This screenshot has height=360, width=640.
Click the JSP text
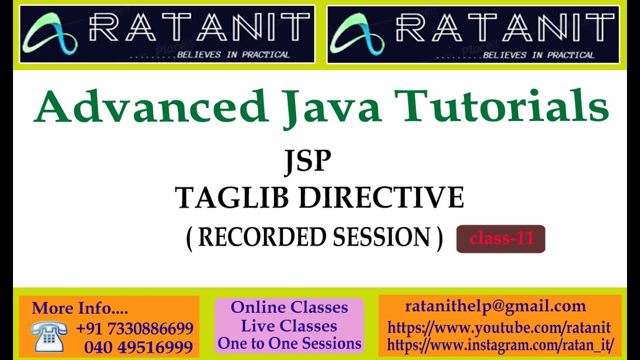pos(307,161)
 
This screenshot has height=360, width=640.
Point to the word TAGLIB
pos(231,197)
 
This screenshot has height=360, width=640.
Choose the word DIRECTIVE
pos(381,197)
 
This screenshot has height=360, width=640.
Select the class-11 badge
pos(500,239)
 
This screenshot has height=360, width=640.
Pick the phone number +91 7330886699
pos(134,328)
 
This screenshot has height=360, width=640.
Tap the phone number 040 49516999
pos(138,347)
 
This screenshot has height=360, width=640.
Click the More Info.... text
pos(79,308)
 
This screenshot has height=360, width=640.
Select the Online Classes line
pos(289,307)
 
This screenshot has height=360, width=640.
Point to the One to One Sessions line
pos(289,343)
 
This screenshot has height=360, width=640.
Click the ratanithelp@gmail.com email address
pos(495,306)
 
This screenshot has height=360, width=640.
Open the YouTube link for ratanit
pos(499,328)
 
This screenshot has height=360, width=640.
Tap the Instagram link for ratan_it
pos(500,345)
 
